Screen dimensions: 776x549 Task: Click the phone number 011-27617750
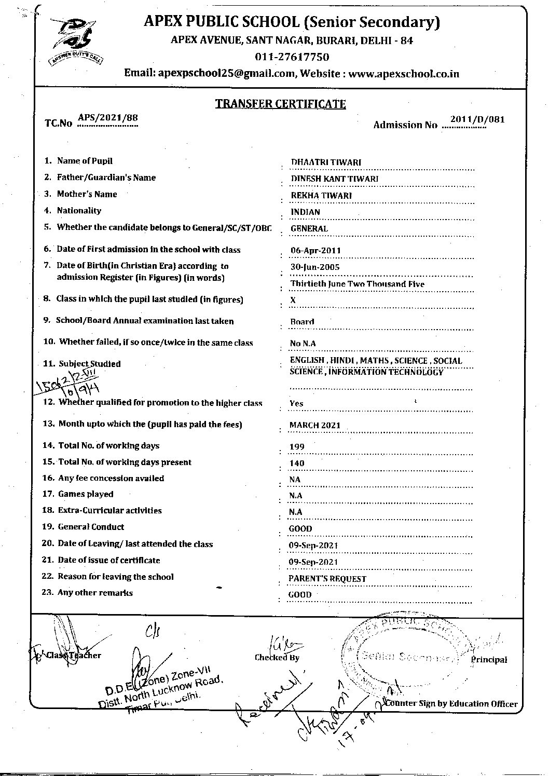(x=292, y=57)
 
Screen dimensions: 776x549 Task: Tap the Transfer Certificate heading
(x=280, y=104)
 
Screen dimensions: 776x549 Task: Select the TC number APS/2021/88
(x=108, y=117)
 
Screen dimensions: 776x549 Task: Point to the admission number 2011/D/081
(x=477, y=119)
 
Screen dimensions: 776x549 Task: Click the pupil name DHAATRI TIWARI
(x=326, y=162)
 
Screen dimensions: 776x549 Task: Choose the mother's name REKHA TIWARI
(x=321, y=195)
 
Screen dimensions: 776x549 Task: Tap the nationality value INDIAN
(x=305, y=212)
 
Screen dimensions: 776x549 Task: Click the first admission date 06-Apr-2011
(x=315, y=250)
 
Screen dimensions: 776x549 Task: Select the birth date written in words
(x=357, y=284)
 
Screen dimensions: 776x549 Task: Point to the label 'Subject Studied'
(x=89, y=364)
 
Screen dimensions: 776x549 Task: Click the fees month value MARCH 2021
(x=314, y=425)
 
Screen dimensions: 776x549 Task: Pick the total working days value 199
(x=297, y=446)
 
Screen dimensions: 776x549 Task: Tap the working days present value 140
(x=297, y=463)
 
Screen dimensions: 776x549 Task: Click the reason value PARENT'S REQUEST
(x=327, y=579)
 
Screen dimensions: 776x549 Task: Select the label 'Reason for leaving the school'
(x=115, y=577)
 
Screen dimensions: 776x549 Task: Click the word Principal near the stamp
(x=489, y=660)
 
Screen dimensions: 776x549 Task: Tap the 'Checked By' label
(x=277, y=657)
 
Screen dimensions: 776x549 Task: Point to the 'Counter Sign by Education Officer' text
(x=450, y=704)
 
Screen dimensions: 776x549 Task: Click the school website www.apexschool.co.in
(x=403, y=74)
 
